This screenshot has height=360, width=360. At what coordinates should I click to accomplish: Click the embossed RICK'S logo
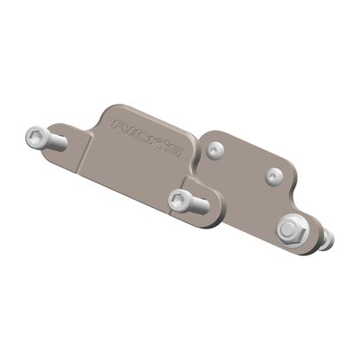(148, 136)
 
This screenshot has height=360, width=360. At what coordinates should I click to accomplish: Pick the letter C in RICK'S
(140, 132)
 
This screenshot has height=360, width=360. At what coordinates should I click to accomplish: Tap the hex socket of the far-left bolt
(36, 138)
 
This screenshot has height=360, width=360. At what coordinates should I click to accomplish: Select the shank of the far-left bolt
(57, 142)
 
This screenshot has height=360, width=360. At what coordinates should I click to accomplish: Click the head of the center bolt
(179, 201)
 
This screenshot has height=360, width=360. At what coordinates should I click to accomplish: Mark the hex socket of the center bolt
(177, 200)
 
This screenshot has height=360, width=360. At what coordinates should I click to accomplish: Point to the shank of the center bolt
(199, 206)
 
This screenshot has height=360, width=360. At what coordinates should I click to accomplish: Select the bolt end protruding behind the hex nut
(327, 238)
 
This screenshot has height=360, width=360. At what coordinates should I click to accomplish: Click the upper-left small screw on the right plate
(213, 150)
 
